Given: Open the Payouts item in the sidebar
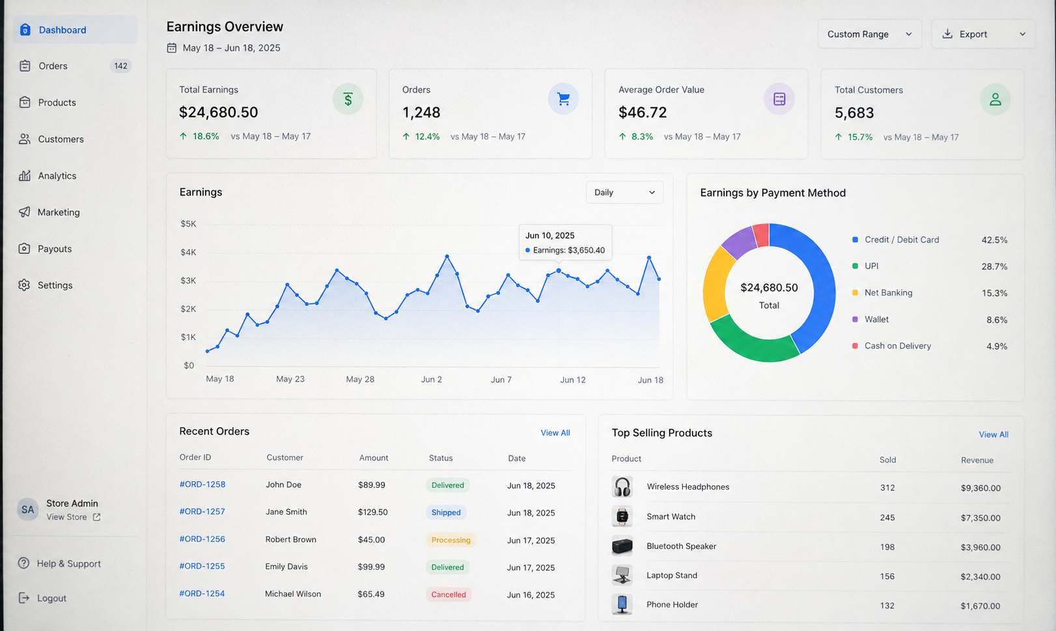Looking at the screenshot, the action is (x=46, y=249).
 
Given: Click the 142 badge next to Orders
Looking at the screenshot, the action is (x=120, y=66).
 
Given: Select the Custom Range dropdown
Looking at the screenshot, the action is (x=869, y=34).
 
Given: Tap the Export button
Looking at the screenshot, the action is (x=983, y=34).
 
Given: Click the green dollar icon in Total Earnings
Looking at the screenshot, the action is (x=348, y=99).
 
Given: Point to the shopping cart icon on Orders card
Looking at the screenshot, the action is (x=563, y=99).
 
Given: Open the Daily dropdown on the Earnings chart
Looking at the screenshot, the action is (x=624, y=192).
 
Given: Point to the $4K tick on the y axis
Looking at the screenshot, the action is (x=188, y=252).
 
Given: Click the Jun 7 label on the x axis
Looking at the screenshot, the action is (x=501, y=380).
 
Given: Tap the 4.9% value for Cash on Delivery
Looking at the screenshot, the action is (x=997, y=346).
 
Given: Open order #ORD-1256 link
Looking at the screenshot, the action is (x=202, y=539).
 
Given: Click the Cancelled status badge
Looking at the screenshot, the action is (x=449, y=595).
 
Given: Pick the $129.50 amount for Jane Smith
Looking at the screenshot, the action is (x=373, y=512).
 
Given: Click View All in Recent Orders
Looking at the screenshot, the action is (x=555, y=433).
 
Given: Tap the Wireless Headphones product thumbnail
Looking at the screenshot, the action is (x=622, y=486).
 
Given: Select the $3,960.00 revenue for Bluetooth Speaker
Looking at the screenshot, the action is (x=980, y=548).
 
